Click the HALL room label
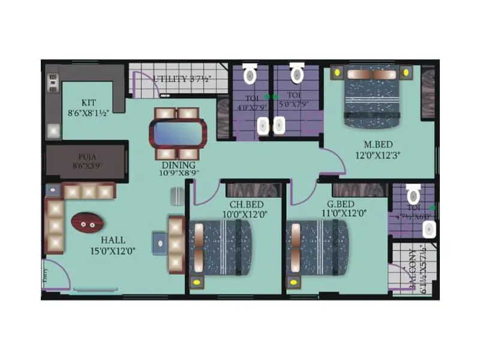[x=113, y=240]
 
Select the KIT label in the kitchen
[x=89, y=102]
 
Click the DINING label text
[x=178, y=164]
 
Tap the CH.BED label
[x=236, y=203]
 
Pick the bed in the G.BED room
[x=316, y=247]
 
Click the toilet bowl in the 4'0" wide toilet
[x=250, y=75]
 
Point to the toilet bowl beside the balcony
[x=413, y=194]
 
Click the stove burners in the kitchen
[x=53, y=83]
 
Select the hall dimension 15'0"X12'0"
[x=113, y=251]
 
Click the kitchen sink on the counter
[x=53, y=131]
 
